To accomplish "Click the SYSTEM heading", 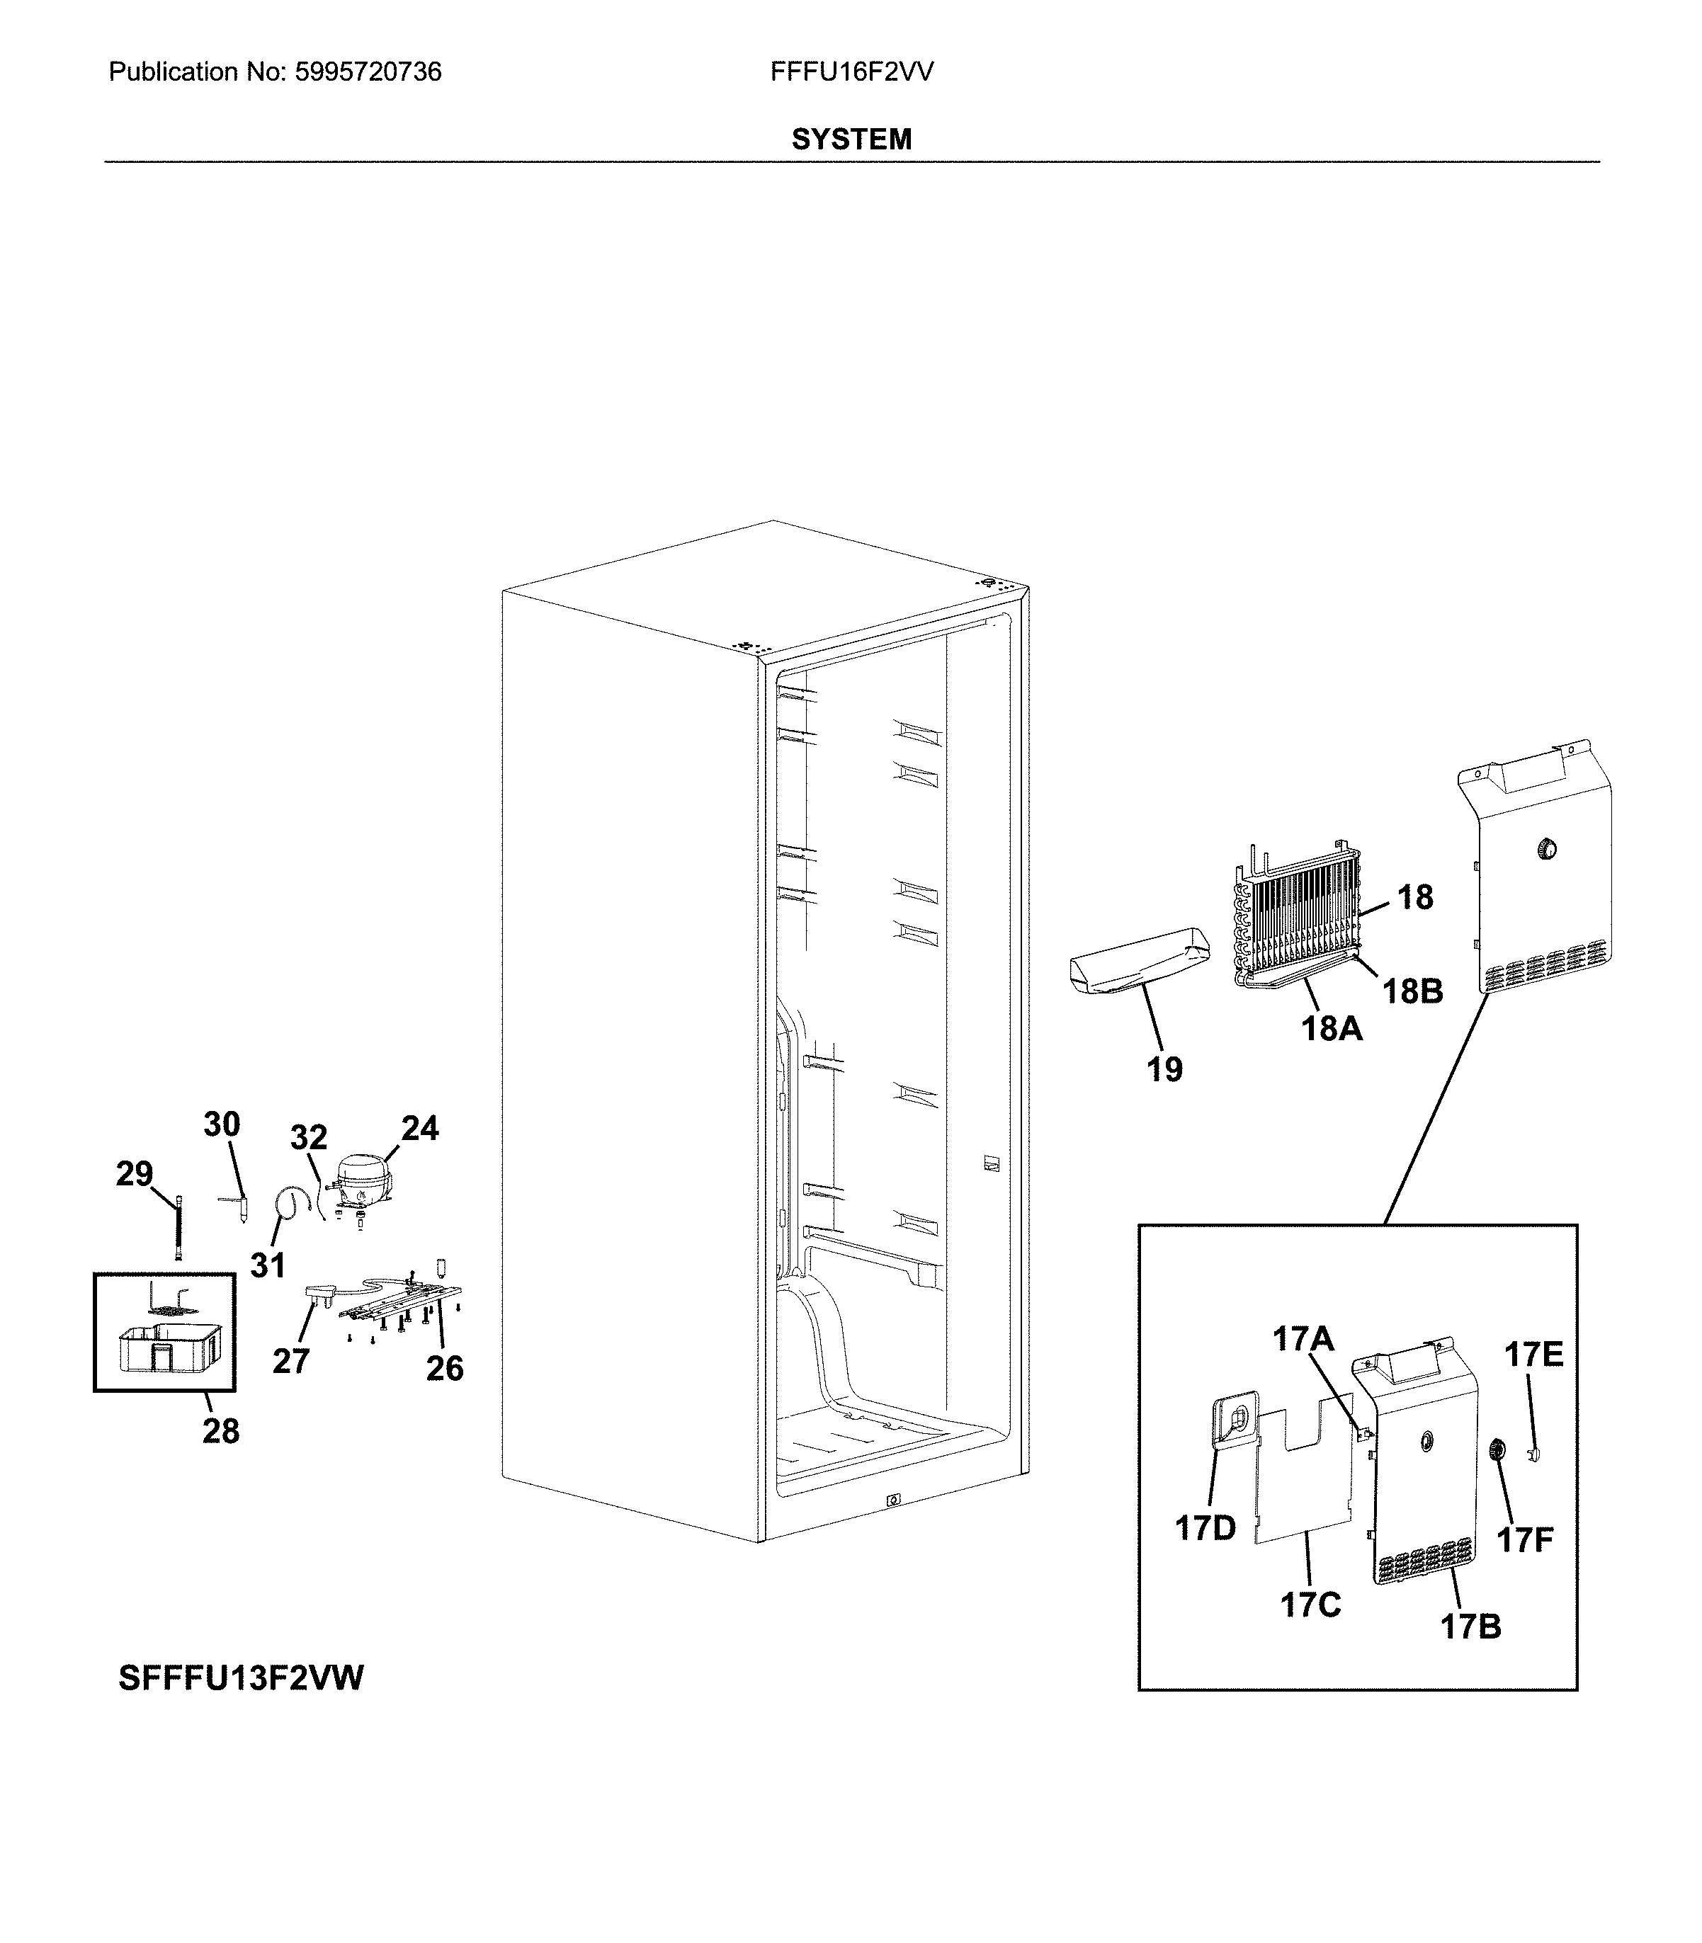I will point(851,139).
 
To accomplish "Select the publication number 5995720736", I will point(368,72).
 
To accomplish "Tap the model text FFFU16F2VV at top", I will point(851,72).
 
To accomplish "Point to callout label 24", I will point(420,1128).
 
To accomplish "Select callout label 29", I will point(134,1175).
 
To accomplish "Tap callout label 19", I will point(1164,1070).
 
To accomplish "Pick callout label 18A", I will point(1332,1027).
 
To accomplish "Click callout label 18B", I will point(1412,991).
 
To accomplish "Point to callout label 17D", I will point(1205,1529).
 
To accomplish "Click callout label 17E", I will point(1533,1355).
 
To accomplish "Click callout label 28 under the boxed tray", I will point(220,1431).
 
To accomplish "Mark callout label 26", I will point(445,1369).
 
